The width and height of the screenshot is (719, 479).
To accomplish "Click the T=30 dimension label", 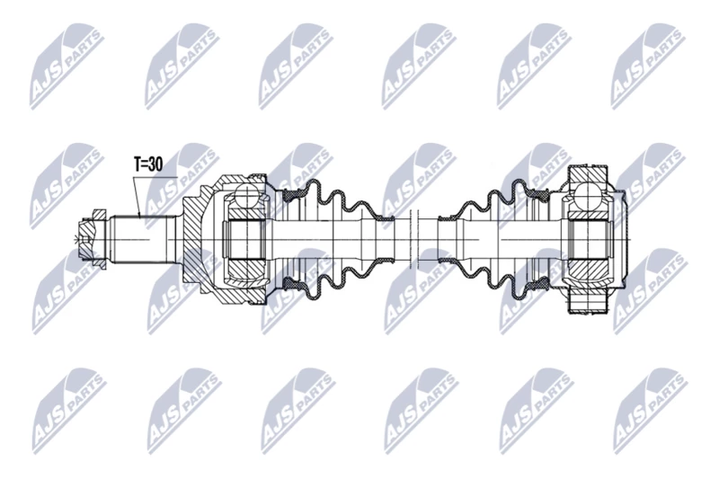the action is (148, 164).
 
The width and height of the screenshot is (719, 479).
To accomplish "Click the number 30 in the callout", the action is (155, 164).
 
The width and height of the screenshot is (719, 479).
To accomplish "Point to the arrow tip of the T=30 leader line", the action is (140, 216).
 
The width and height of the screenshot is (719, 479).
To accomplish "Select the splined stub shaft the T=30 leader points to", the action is (144, 239).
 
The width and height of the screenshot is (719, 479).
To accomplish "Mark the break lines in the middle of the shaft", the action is (415, 239).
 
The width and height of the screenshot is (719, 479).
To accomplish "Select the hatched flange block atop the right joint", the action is (590, 174).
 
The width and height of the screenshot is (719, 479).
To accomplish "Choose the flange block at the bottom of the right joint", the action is (590, 304).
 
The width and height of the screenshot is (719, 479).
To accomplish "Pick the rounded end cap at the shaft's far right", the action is (619, 239).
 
